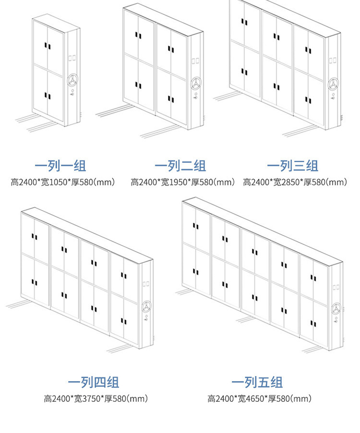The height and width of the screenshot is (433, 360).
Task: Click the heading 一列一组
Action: pyautogui.click(x=60, y=167)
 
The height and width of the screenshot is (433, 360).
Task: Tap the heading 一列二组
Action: pyautogui.click(x=180, y=167)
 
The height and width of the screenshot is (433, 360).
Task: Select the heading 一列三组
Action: pyautogui.click(x=293, y=167)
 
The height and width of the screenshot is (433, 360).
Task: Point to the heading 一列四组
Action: pyautogui.click(x=93, y=383)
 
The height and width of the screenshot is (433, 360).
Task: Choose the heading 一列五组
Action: pyautogui.click(x=257, y=383)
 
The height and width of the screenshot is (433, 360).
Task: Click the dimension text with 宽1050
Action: pyautogui.click(x=63, y=182)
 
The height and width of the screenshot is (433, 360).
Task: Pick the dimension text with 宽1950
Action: pyautogui.click(x=183, y=182)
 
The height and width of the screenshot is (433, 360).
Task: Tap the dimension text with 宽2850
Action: pyautogui.click(x=295, y=182)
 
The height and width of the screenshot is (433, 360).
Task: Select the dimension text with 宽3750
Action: pyautogui.click(x=96, y=398)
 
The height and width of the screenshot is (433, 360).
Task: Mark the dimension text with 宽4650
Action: pyautogui.click(x=260, y=398)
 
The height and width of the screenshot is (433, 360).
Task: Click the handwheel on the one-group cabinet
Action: pyautogui.click(x=72, y=80)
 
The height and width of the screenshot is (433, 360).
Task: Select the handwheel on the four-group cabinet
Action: pyautogui.click(x=147, y=306)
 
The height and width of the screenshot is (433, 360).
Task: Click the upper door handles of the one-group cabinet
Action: pyautogui.click(x=48, y=46)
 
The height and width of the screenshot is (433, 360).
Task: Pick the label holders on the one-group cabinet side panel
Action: pyautogui.click(x=72, y=58)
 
